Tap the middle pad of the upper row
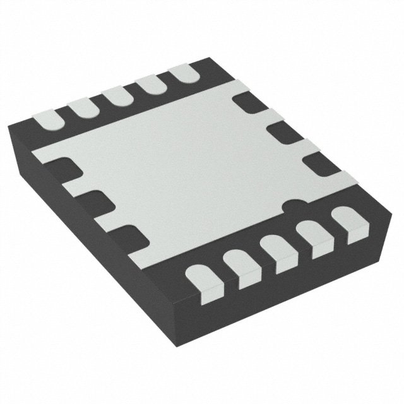116,96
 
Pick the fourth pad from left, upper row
150,85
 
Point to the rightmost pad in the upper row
184,73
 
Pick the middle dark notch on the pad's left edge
95,202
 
